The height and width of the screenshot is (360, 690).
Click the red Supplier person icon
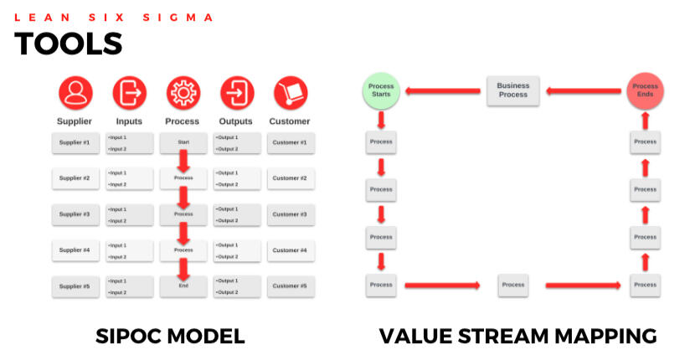[x=75, y=93]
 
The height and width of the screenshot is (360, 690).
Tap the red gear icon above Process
[x=183, y=93]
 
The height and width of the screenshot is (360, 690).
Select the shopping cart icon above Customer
[x=290, y=93]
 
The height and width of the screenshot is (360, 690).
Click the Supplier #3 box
[x=75, y=214]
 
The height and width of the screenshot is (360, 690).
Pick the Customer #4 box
[x=290, y=249]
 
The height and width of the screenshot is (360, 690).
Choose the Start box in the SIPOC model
[x=183, y=142]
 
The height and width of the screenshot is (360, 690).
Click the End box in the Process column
[x=183, y=285]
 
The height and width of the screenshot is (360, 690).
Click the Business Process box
[x=512, y=90]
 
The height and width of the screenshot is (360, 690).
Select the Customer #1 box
[x=290, y=142]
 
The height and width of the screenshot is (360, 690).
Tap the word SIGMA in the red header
[x=185, y=17]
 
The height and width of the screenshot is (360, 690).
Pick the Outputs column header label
[x=236, y=121]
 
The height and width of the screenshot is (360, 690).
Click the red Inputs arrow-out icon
[x=129, y=93]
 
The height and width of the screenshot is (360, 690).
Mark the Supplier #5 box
[x=75, y=285]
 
